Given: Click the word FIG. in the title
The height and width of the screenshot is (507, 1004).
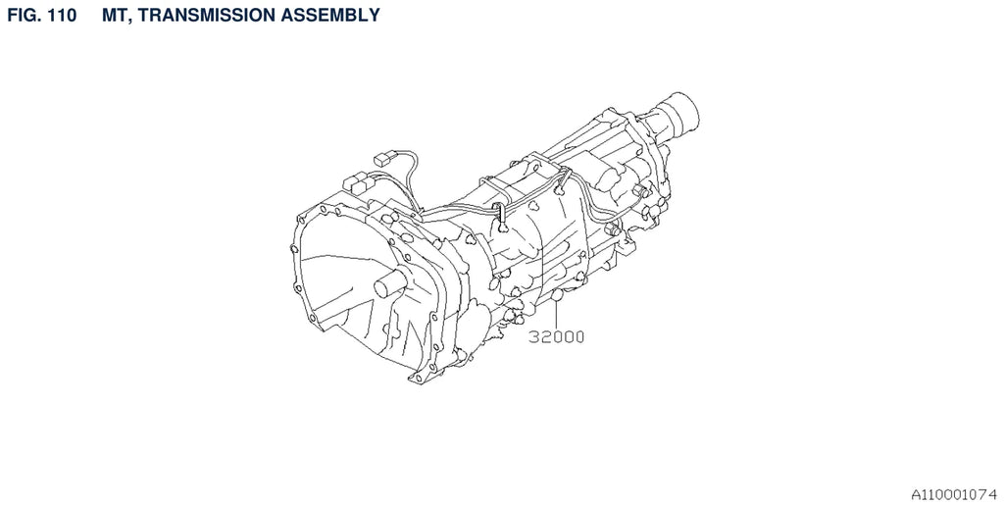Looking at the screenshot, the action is (x=24, y=15).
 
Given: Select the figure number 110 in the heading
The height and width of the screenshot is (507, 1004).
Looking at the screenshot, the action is (x=63, y=15).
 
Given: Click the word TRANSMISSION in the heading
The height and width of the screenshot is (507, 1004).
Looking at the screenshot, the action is (x=202, y=15).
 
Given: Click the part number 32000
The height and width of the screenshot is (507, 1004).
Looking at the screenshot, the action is (x=557, y=336).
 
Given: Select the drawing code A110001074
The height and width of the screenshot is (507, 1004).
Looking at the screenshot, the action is (x=954, y=494).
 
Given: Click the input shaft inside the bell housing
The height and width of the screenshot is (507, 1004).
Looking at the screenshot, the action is (x=389, y=284).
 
